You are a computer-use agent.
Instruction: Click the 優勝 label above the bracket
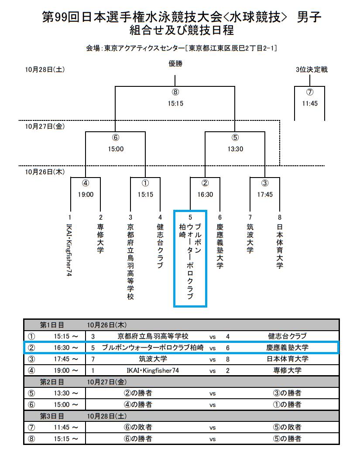pyautogui.click(x=175, y=64)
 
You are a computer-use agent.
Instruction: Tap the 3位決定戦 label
pyautogui.click(x=312, y=70)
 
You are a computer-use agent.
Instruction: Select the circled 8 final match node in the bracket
pyautogui.click(x=175, y=92)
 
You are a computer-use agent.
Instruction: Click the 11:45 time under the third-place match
pyautogui.click(x=310, y=103)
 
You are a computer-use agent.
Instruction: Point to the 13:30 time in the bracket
pyautogui.click(x=235, y=149)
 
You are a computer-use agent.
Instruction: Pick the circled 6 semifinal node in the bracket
pyautogui.click(x=116, y=137)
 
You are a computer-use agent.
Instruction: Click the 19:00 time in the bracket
pyautogui.click(x=86, y=195)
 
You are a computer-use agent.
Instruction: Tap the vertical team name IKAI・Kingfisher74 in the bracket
pyautogui.click(x=69, y=250)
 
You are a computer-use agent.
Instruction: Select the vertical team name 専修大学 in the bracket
pyautogui.click(x=100, y=239)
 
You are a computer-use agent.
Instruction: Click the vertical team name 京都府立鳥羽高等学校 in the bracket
pyautogui.click(x=130, y=261)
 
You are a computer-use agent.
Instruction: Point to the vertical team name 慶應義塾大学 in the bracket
pyautogui.click(x=220, y=246)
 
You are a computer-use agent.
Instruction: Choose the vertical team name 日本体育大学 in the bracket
pyautogui.click(x=280, y=246)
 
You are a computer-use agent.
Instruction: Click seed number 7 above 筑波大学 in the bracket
pyautogui.click(x=250, y=217)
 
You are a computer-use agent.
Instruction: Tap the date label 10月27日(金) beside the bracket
pyautogui.click(x=45, y=126)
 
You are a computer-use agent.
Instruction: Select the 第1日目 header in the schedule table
pyautogui.click(x=52, y=325)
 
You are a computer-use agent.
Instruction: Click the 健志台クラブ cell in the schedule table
pyautogui.click(x=287, y=336)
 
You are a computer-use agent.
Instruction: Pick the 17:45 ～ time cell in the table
pyautogui.click(x=66, y=359)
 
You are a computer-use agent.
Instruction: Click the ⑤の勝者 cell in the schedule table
pyautogui.click(x=287, y=439)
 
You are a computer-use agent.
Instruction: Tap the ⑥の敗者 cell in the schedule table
pyautogui.click(x=138, y=428)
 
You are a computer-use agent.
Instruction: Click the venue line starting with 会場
pyautogui.click(x=182, y=48)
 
